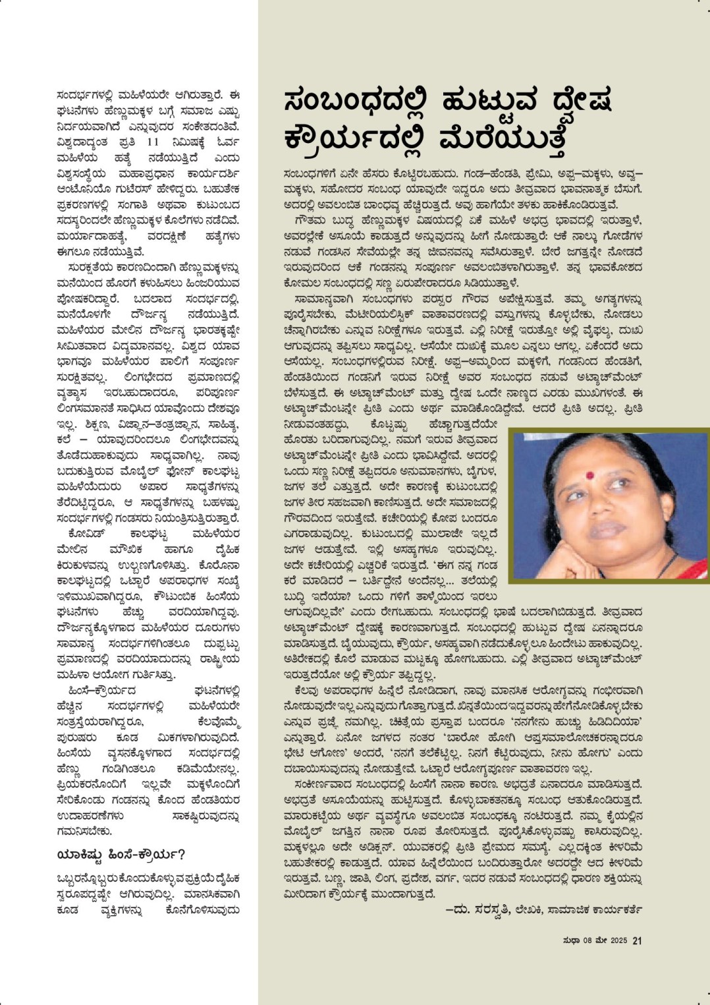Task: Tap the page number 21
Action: pos(637,940)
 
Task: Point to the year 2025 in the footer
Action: pos(619,940)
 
